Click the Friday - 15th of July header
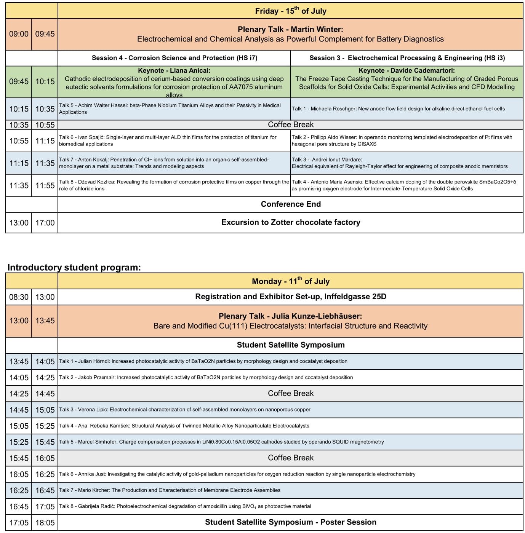tap(290, 11)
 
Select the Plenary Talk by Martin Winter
tap(290, 34)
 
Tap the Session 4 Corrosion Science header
tap(174, 58)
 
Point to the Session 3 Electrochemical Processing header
tap(407, 58)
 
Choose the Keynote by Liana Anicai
tap(174, 82)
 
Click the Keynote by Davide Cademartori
tap(407, 79)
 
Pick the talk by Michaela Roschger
tap(398, 109)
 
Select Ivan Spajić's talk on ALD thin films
tap(168, 140)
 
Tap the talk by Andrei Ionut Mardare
tap(399, 163)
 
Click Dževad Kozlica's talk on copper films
tap(174, 185)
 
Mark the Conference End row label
tap(290, 204)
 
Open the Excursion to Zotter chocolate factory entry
tap(290, 223)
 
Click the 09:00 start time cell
tap(19, 34)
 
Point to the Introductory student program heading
tap(74, 267)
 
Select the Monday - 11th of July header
tap(290, 281)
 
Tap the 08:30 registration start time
tap(19, 297)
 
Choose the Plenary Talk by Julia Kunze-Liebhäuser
tap(290, 321)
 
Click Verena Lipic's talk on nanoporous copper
tap(185, 410)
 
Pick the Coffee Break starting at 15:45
tap(290, 458)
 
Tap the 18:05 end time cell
tap(45, 523)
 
